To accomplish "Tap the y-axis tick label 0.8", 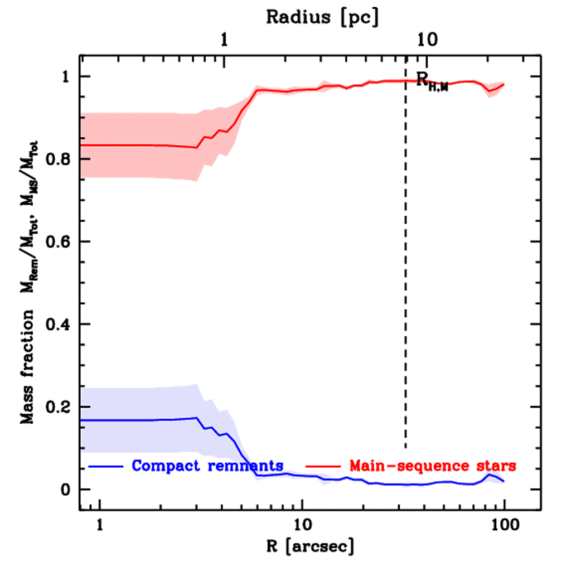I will (x=58, y=159).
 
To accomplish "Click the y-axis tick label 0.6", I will (x=58, y=241).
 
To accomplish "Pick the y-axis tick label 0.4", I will (x=58, y=324).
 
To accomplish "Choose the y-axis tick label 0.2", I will (x=58, y=407).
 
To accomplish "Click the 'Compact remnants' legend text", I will (x=207, y=465).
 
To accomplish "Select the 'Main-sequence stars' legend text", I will (x=432, y=465).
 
